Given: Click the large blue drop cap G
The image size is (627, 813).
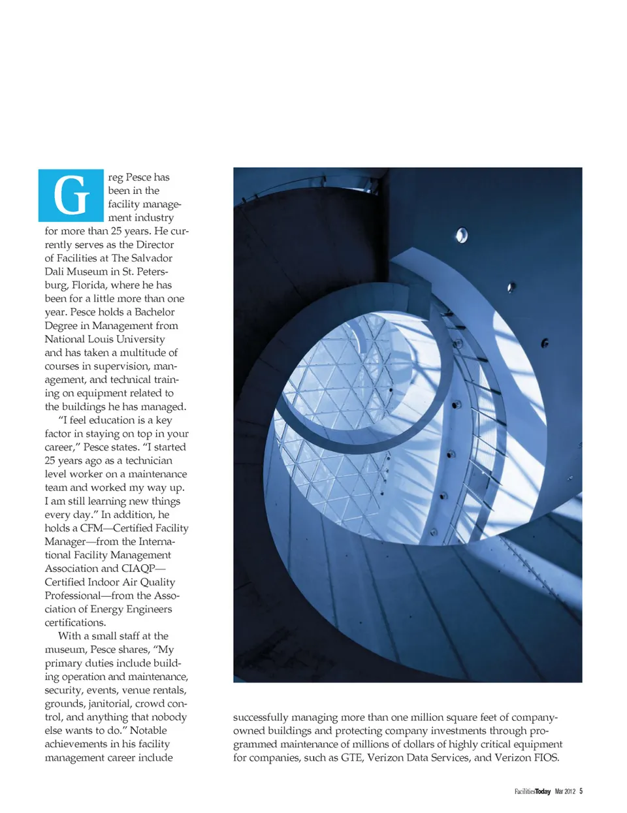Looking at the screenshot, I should click(71, 195).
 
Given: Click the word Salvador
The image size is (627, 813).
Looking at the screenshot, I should click(152, 258).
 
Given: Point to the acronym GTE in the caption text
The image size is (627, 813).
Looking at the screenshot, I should click(351, 758).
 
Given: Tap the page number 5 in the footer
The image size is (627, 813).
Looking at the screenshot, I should click(581, 791).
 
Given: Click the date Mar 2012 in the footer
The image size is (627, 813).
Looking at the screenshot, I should click(565, 791).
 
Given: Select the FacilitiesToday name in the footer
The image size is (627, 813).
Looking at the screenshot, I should click(532, 791).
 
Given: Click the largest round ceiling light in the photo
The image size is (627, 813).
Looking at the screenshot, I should click(462, 235).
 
